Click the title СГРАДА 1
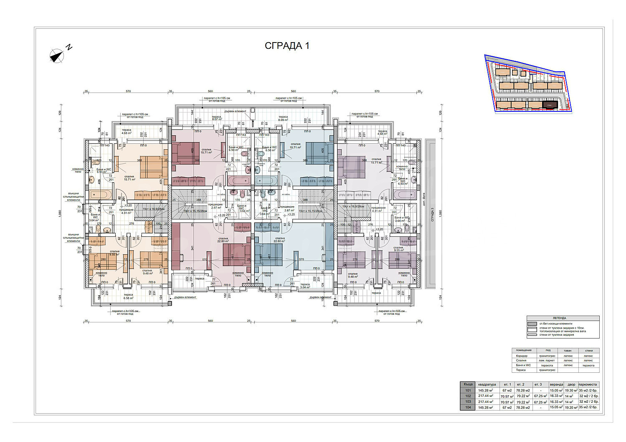pyautogui.click(x=287, y=46)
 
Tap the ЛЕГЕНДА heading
pyautogui.click(x=563, y=318)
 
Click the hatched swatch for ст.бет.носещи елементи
pyautogui.click(x=532, y=324)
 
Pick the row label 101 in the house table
pyautogui.click(x=468, y=390)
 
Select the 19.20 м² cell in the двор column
pyautogui.click(x=570, y=407)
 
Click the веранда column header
pyautogui.click(x=556, y=384)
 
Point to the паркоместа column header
pyautogui.click(x=588, y=384)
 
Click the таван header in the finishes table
pyautogui.click(x=568, y=351)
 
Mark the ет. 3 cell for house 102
pyautogui.click(x=540, y=396)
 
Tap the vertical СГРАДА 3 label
pyautogui.click(x=433, y=214)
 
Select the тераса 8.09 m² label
pyautogui.click(x=283, y=118)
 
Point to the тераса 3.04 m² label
pyautogui.click(x=305, y=286)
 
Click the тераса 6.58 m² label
pyautogui.click(x=128, y=296)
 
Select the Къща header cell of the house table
pyautogui.click(x=468, y=384)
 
